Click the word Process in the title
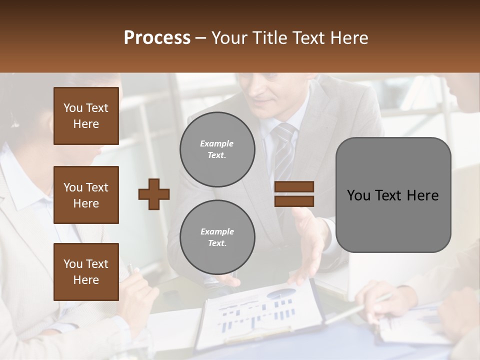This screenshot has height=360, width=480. tap(157, 38)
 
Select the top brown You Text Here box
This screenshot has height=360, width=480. tap(86, 116)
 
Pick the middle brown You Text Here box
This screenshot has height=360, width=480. tap(86, 195)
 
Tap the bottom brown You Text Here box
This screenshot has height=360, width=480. tap(86, 272)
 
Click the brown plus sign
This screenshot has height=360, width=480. tap(154, 194)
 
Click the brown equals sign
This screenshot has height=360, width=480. tap(294, 194)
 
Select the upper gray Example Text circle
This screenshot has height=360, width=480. tap(217, 149)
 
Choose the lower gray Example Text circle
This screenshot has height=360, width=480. tap(217, 237)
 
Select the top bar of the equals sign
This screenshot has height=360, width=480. tap(294, 187)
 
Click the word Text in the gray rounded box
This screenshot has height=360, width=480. tap(393, 195)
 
